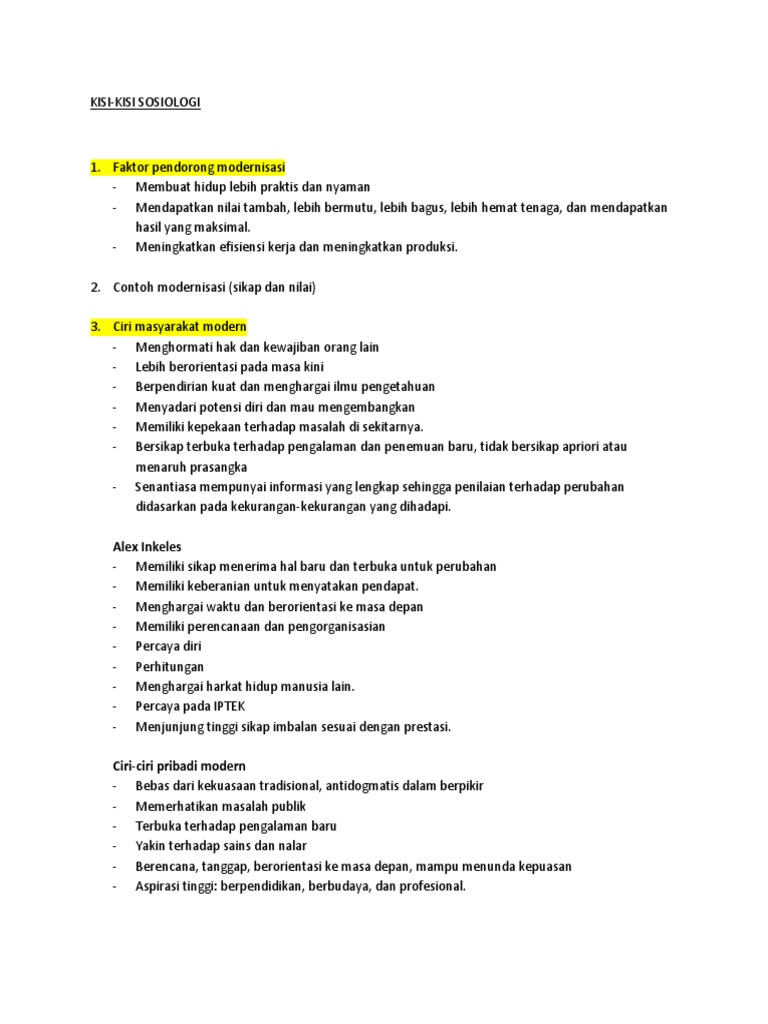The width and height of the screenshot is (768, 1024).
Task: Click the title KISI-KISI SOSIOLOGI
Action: (145, 103)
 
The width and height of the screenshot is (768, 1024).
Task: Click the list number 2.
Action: (95, 287)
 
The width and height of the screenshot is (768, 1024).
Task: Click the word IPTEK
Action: (224, 706)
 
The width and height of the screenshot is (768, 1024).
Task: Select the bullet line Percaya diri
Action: (168, 646)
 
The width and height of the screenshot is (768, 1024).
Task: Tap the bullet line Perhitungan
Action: (169, 666)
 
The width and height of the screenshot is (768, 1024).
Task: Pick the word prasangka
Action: (213, 467)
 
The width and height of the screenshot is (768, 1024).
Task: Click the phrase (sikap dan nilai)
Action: (271, 287)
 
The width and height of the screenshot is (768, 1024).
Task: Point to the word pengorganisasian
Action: (335, 626)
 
